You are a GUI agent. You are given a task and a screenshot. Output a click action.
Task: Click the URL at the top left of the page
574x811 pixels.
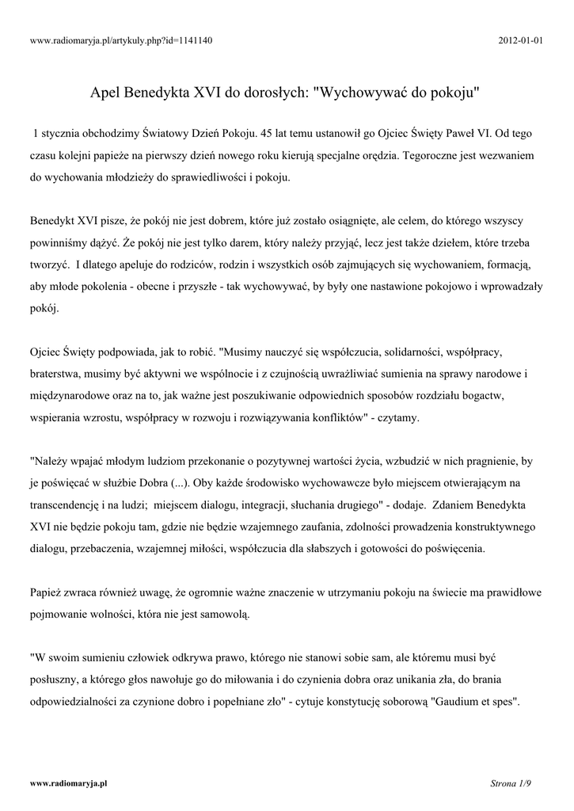(120, 40)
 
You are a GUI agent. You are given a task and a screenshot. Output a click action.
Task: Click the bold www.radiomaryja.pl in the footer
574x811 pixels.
(68, 783)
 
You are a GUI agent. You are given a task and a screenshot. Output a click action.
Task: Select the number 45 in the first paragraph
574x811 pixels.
(270, 131)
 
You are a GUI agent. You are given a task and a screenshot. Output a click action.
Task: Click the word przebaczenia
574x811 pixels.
(99, 548)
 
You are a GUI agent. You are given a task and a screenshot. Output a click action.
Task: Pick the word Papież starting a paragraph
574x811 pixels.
(47, 592)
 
